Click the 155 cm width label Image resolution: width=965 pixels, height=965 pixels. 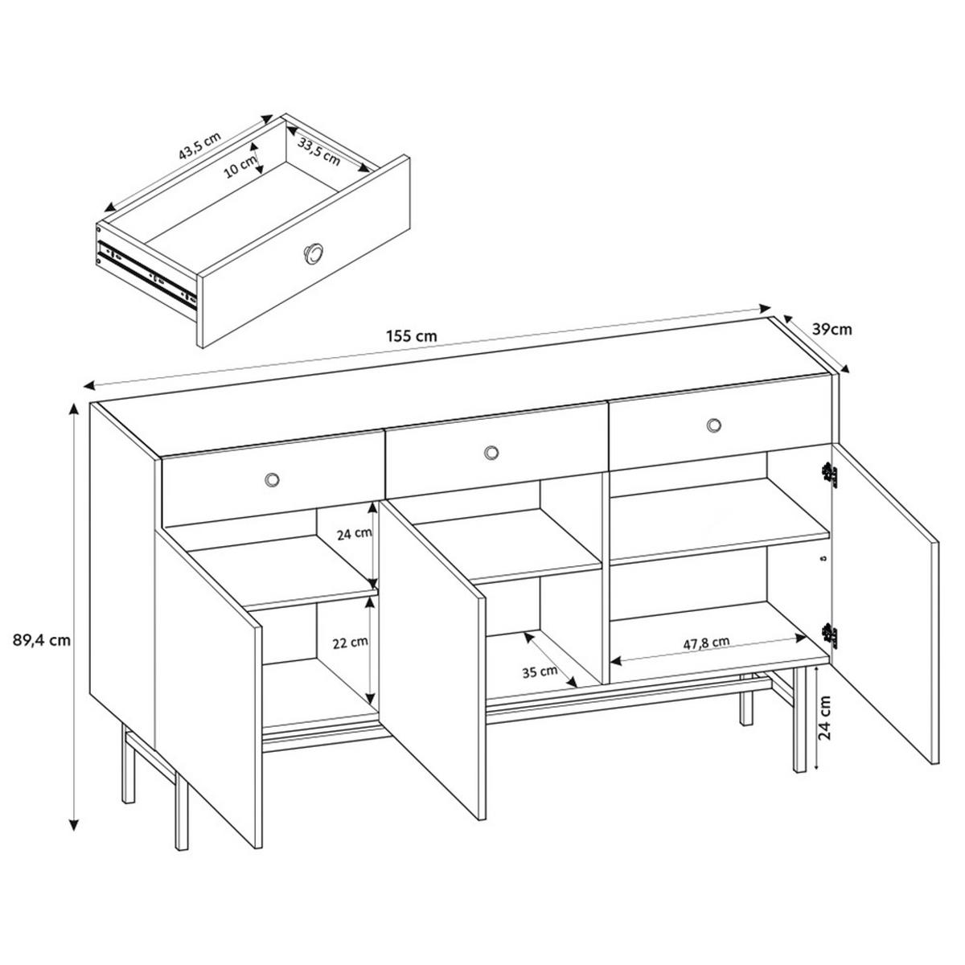(412, 336)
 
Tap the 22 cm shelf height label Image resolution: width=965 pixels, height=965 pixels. (351, 643)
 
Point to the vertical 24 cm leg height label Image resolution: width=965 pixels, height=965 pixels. (826, 717)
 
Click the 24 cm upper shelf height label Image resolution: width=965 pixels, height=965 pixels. (355, 533)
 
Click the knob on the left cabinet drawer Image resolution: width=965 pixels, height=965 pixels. (273, 480)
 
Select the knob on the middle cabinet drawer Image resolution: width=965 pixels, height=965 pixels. (492, 452)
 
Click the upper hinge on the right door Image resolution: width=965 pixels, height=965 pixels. (829, 474)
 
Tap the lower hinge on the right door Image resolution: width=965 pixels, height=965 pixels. (829, 635)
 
